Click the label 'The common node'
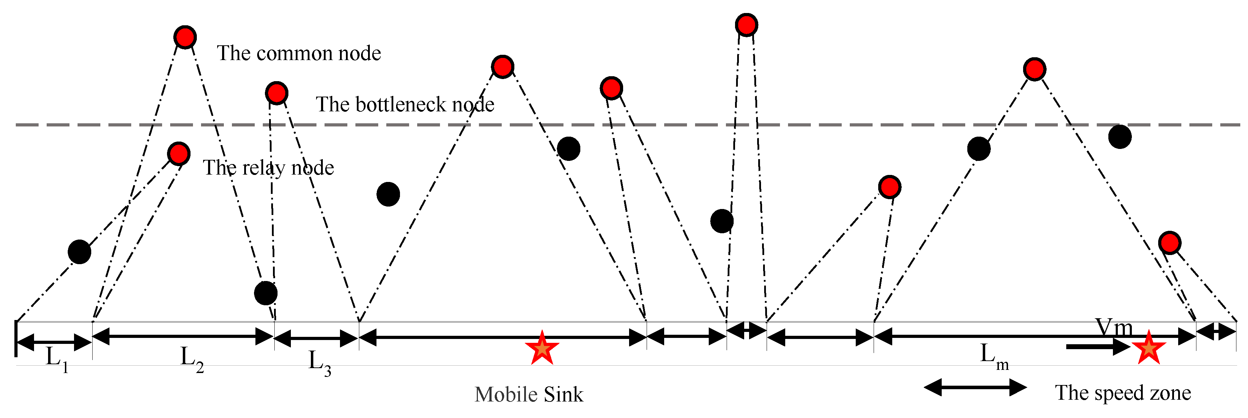[299, 53]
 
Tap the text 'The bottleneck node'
[405, 105]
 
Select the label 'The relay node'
[268, 168]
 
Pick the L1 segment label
[57, 359]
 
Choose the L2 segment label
[191, 359]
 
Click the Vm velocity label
[1113, 328]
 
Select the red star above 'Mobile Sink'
[542, 348]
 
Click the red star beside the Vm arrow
[1148, 348]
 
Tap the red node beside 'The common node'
[185, 37]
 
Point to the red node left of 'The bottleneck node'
[276, 93]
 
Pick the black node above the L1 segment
[79, 252]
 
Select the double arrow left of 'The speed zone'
[975, 387]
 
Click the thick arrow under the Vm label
[1098, 346]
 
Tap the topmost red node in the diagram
[746, 25]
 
